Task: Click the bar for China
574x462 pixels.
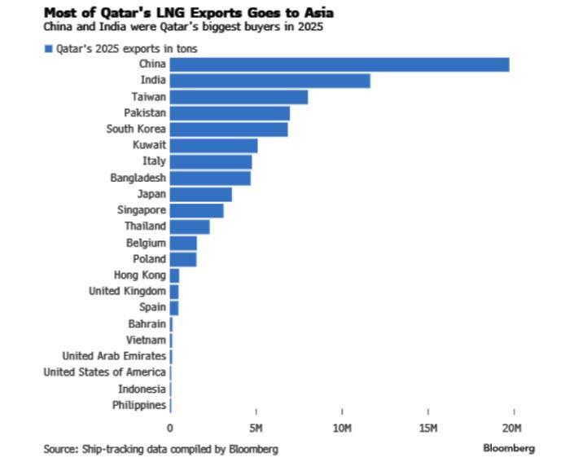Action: click(x=340, y=64)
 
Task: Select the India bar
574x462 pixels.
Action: click(x=270, y=81)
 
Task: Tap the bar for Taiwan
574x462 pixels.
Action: click(x=239, y=97)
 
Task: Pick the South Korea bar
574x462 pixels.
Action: click(x=229, y=130)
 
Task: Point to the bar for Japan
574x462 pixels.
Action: click(x=201, y=194)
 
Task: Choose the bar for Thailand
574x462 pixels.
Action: click(x=190, y=227)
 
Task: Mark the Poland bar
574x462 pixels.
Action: click(x=183, y=259)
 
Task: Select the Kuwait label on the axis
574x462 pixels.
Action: click(x=149, y=146)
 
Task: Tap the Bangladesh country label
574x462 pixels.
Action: click(x=138, y=178)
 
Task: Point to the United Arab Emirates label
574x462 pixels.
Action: click(x=115, y=356)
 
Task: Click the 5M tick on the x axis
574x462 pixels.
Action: click(x=256, y=428)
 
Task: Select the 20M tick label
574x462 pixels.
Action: click(x=512, y=428)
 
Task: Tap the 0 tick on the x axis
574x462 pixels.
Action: click(x=170, y=428)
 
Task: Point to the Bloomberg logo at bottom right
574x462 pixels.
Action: click(x=509, y=448)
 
